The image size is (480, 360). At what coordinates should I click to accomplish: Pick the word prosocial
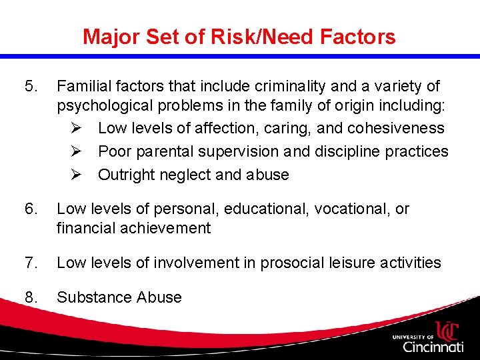(x=294, y=263)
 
